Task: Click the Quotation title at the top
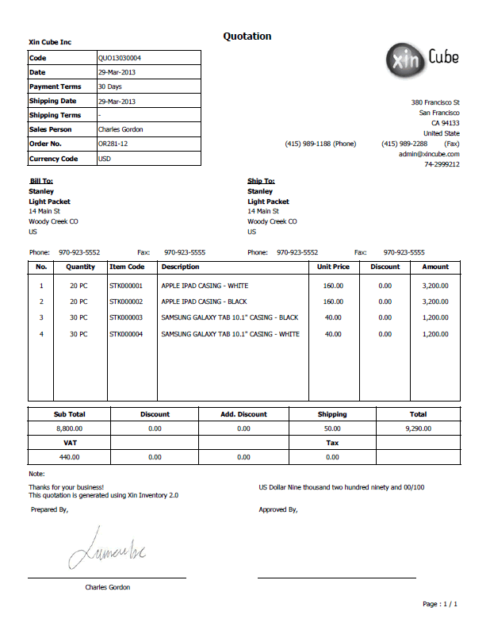pos(247,37)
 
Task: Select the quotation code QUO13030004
pos(119,58)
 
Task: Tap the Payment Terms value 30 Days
pos(109,86)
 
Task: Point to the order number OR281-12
pos(113,144)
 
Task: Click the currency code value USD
pos(105,158)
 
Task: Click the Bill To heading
pos(40,181)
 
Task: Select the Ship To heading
pos(261,181)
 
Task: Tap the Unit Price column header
pos(333,267)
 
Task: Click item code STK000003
pos(127,317)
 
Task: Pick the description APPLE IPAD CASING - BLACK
pos(204,302)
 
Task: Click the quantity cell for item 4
pos(78,334)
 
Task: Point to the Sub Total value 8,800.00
pos(69,428)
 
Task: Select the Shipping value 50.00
pos(332,428)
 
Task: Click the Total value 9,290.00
pos(418,428)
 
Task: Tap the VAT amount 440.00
pos(69,457)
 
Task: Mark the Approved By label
pos(278,509)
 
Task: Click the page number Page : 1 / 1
pos(440,604)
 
